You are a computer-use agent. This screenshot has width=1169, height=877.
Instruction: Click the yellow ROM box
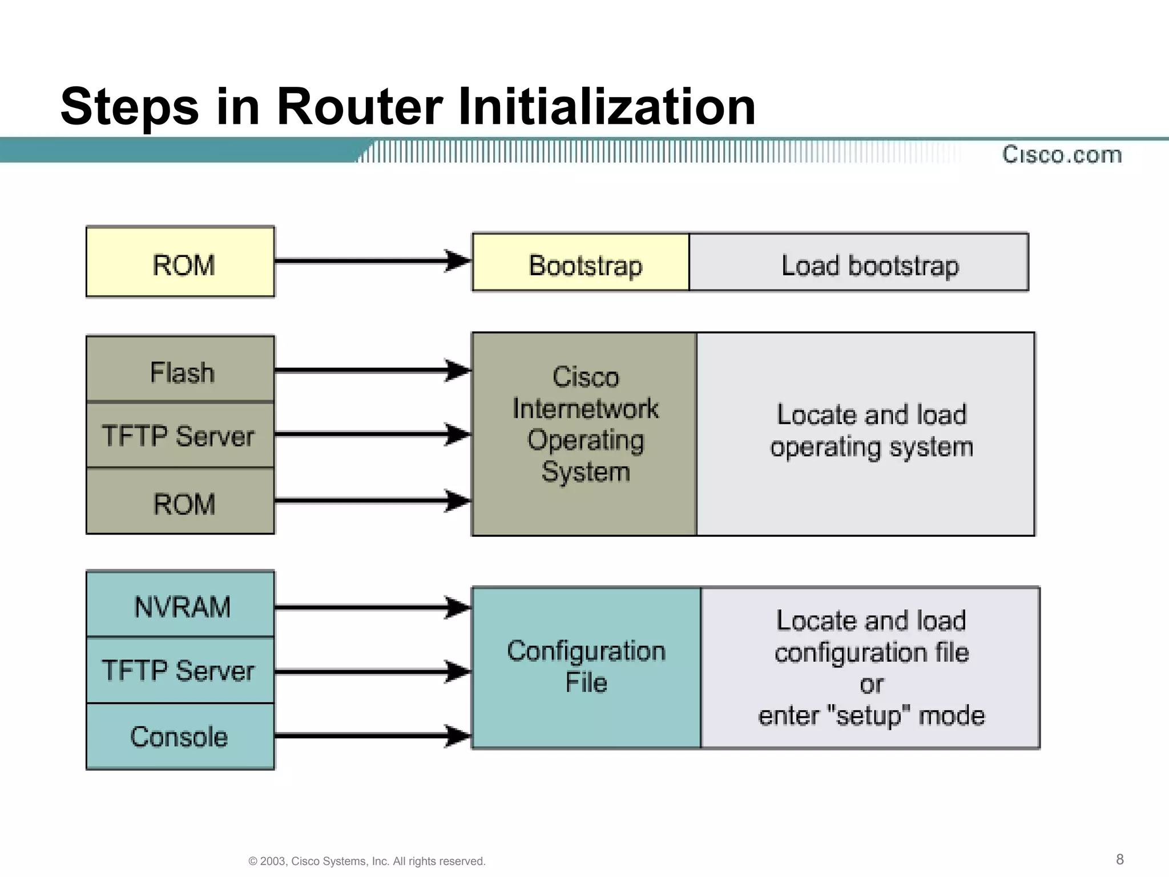[180, 262]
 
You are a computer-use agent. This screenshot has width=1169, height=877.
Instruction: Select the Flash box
[180, 369]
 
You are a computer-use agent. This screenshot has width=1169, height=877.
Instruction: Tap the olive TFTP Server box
[180, 435]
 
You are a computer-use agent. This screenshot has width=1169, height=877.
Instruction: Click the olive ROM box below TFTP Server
[180, 501]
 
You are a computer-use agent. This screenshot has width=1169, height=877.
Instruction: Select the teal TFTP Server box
[180, 670]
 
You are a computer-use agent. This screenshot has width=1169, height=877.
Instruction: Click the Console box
[180, 736]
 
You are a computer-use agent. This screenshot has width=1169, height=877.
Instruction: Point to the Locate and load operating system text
[871, 431]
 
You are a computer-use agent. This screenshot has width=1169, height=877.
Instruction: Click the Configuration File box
[586, 667]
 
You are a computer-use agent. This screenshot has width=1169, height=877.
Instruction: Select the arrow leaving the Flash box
[371, 371]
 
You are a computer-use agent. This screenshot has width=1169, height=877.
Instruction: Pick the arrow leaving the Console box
[371, 735]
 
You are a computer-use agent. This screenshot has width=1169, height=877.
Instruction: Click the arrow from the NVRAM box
[371, 608]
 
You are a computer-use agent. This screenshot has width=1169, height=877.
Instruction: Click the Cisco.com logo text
[1062, 155]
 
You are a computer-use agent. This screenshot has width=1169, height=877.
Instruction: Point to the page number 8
[1119, 859]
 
